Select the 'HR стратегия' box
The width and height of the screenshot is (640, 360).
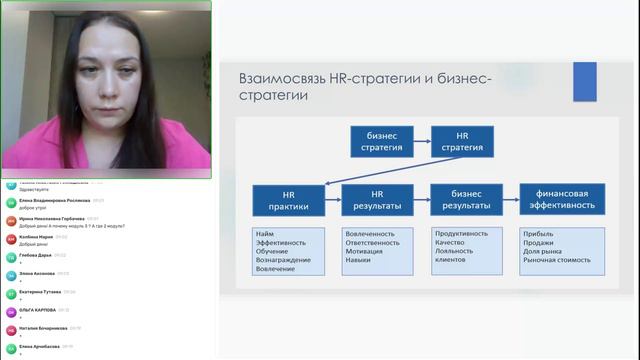point(463,142)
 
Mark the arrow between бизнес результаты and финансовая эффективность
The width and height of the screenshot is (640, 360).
point(509,199)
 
